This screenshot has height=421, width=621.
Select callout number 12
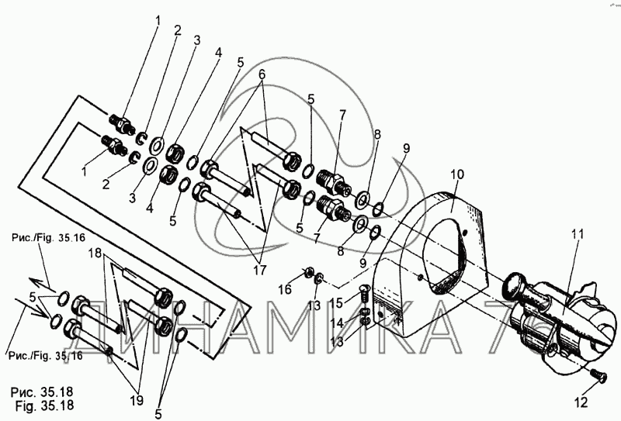tap(582, 402)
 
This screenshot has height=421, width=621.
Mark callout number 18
tap(94, 254)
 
